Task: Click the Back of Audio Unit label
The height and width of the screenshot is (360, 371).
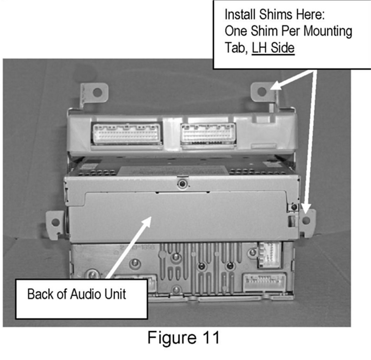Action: click(77, 294)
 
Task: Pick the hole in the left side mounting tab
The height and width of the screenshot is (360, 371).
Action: click(55, 222)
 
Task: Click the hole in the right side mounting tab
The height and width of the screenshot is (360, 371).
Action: click(306, 220)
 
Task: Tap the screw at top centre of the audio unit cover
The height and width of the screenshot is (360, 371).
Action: click(182, 183)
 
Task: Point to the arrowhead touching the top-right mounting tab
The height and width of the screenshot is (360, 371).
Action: click(276, 86)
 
